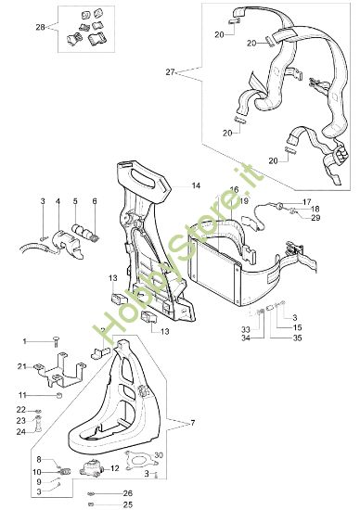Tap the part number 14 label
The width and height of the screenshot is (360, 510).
pos(196,186)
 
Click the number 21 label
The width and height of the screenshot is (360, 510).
pos(20,368)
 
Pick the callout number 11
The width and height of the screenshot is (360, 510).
pos(21,395)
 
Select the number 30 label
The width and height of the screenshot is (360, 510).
pos(159,455)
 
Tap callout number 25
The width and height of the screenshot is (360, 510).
pos(128,504)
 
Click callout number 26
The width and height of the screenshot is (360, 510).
pos(128,492)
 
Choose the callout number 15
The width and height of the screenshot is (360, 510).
pos(297,328)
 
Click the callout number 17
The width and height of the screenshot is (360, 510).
pos(308,200)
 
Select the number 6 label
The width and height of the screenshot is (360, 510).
pos(94,200)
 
